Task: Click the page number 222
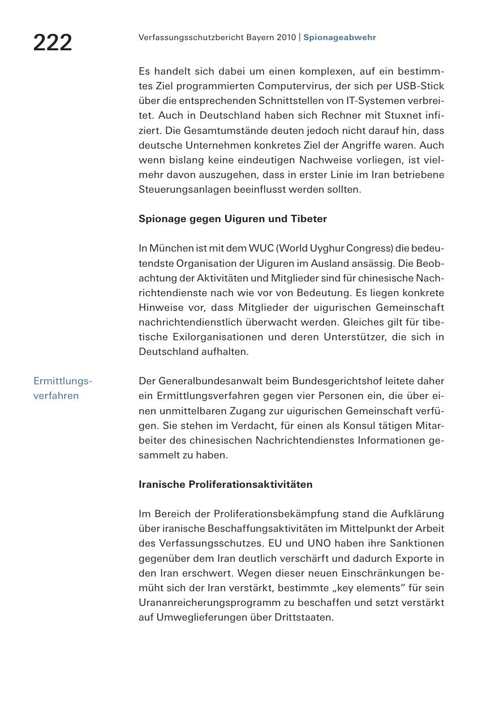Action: click(53, 43)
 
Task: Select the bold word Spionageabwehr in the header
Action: click(339, 37)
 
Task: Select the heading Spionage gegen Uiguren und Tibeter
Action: click(233, 219)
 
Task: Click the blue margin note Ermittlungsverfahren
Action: click(62, 388)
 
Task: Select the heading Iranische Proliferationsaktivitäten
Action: click(225, 484)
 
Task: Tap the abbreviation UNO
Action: click(319, 543)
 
